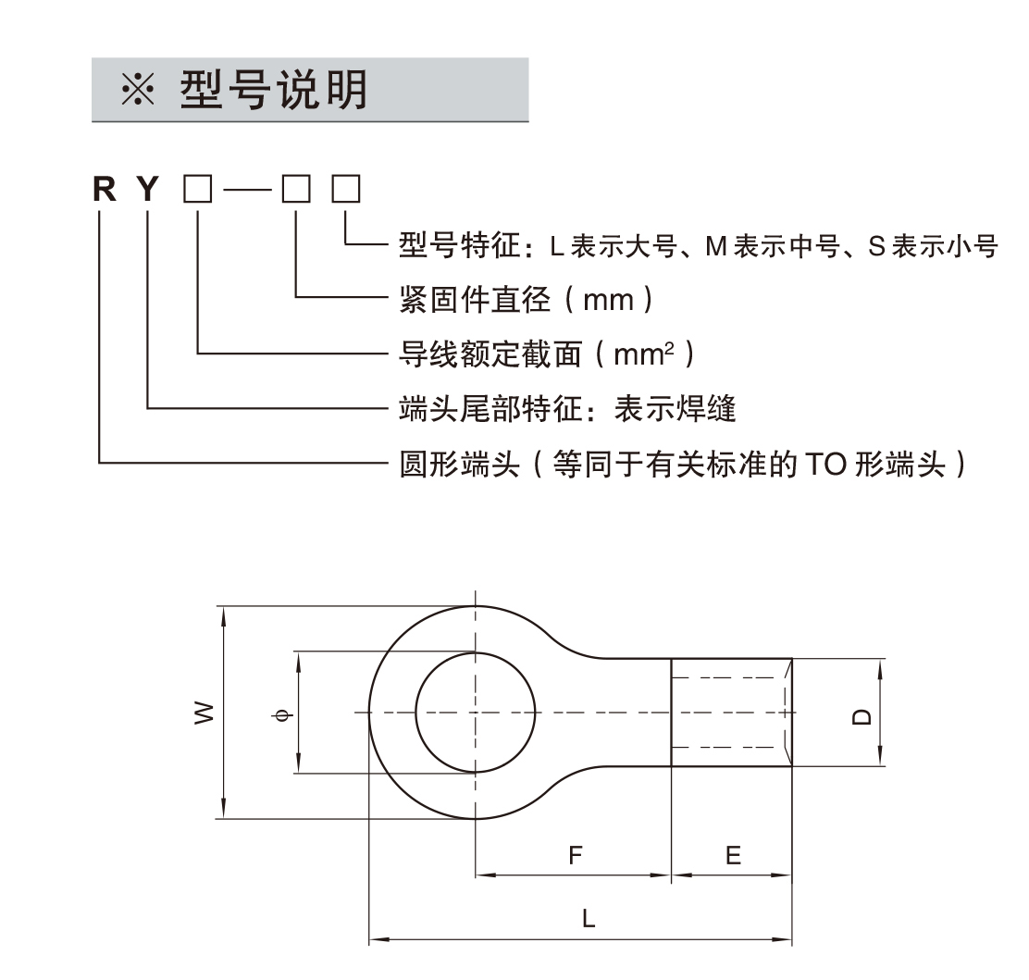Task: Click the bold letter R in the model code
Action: click(x=105, y=191)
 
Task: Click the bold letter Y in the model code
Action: click(x=148, y=191)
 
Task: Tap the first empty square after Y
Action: click(x=197, y=190)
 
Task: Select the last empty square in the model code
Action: click(x=346, y=190)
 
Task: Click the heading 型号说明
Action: click(x=274, y=91)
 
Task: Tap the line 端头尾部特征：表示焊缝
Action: click(x=567, y=408)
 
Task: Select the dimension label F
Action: click(x=576, y=856)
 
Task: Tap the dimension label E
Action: click(x=733, y=856)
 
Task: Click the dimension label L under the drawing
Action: click(x=589, y=919)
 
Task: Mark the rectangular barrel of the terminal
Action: click(x=731, y=713)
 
